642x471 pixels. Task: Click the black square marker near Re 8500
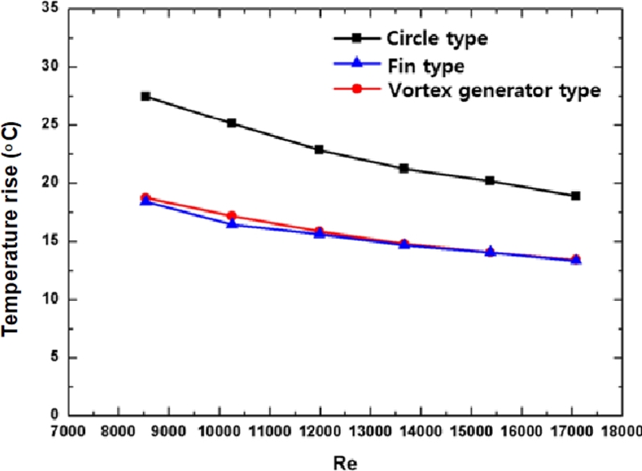tap(145, 96)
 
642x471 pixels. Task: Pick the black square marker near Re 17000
tap(575, 196)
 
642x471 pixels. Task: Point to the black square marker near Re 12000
tap(319, 149)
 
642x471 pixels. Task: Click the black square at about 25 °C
tap(232, 123)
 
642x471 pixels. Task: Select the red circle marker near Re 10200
tap(232, 215)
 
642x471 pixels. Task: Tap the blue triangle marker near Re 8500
tap(145, 201)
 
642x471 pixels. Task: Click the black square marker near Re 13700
tap(404, 169)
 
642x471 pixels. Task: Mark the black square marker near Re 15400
tap(490, 181)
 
